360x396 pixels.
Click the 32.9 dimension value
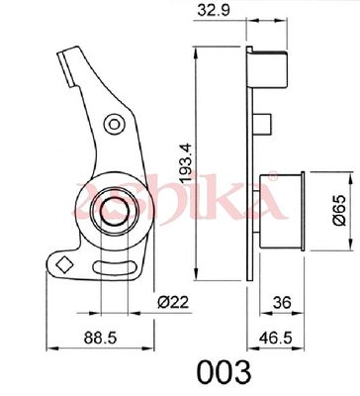coord(213,11)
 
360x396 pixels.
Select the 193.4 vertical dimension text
coord(187,162)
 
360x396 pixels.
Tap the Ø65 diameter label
coord(339,210)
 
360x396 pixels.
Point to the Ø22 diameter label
coord(173,302)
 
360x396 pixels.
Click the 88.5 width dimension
coord(100,338)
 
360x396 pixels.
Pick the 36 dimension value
coord(282,302)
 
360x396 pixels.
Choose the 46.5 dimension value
coord(276,338)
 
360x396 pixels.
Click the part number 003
coord(224,372)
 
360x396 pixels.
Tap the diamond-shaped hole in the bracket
coord(64,264)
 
